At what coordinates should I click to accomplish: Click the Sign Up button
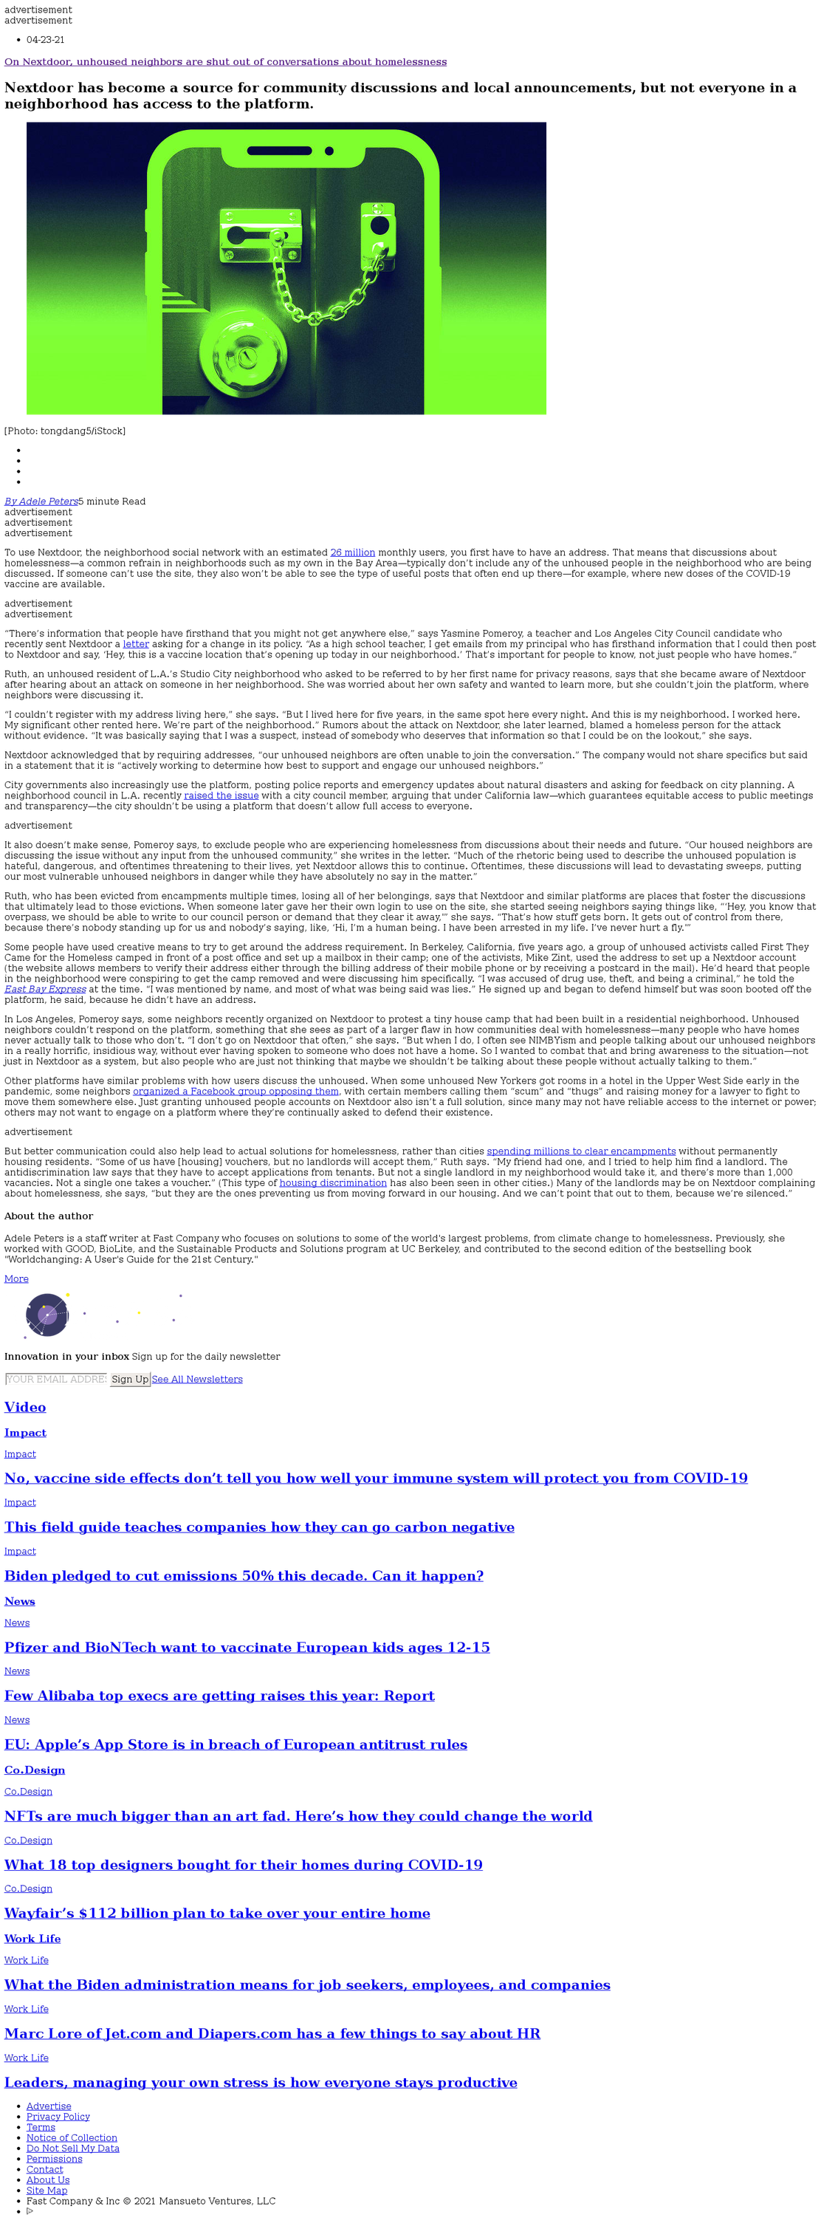pos(130,1379)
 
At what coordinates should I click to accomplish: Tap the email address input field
pos(56,1379)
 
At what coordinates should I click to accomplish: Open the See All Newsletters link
pos(197,1379)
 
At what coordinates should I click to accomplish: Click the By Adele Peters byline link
pos(41,501)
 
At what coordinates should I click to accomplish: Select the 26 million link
pos(353,552)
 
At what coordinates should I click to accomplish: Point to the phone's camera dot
pos(329,151)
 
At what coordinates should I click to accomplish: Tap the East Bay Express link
pos(45,990)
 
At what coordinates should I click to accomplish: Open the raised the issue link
pos(221,796)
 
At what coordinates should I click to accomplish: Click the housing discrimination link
pos(333,1183)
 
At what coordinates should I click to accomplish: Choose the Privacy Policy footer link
pos(58,2116)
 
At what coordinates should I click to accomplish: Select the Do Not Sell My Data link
pos(72,2148)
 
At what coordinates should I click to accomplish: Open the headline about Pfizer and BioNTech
pos(247,1647)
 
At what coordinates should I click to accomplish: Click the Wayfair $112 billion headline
pos(217,1913)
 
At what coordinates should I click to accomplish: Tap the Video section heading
pos(25,1407)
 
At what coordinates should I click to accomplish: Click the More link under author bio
pos(16,1279)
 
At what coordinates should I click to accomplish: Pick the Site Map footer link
pos(47,2191)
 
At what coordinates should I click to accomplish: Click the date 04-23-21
pos(45,40)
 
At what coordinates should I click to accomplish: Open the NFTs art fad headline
pos(298,1816)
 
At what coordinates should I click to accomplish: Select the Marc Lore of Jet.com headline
pos(272,2033)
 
